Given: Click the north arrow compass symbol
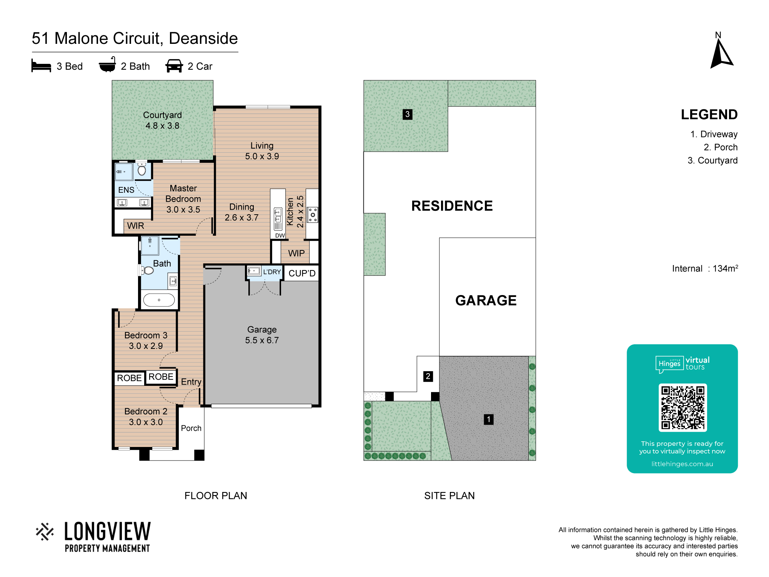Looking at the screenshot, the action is click(x=721, y=54).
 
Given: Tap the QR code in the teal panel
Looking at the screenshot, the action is click(x=682, y=407).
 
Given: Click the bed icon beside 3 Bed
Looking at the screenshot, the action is click(x=41, y=66).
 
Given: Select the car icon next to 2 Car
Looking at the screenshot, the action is click(x=174, y=66).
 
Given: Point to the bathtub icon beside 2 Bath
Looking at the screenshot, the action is click(x=107, y=65).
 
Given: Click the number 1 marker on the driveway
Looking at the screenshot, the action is click(x=488, y=419).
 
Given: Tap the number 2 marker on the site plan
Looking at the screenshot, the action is click(x=428, y=376).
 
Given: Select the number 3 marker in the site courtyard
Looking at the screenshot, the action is click(x=407, y=114).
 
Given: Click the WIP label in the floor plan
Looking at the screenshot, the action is click(x=296, y=253).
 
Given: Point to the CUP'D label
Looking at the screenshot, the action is click(x=302, y=273).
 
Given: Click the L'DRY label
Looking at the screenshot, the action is click(x=272, y=272).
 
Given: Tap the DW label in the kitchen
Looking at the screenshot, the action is click(x=280, y=235).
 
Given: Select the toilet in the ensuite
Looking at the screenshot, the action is click(x=142, y=169).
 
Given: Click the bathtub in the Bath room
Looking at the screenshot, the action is click(x=159, y=300).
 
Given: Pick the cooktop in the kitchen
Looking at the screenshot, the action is click(x=313, y=215).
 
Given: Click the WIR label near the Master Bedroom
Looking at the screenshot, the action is click(x=136, y=226).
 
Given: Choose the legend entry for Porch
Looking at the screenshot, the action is click(x=721, y=147).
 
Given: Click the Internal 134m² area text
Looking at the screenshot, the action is click(x=705, y=268).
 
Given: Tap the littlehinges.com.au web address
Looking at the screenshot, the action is click(x=682, y=464).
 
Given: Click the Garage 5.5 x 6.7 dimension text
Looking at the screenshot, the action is click(x=262, y=335).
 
